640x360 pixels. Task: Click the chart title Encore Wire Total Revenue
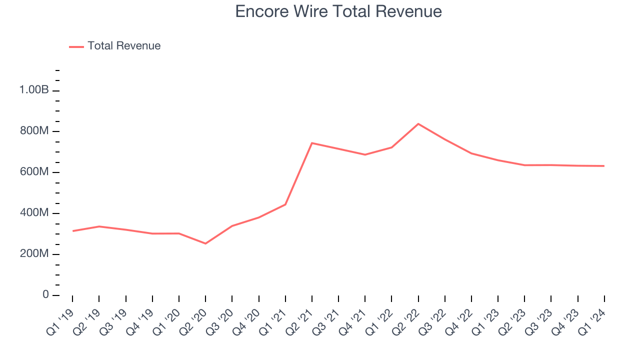click(338, 11)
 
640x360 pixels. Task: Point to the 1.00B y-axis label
click(34, 90)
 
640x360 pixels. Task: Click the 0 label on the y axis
click(45, 295)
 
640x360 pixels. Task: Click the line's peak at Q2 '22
click(418, 123)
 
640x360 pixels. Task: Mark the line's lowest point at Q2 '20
click(205, 243)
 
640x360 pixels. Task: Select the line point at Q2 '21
click(312, 143)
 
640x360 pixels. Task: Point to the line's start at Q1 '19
click(72, 231)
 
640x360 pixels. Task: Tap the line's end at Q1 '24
click(604, 166)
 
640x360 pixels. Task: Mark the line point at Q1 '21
click(285, 204)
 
